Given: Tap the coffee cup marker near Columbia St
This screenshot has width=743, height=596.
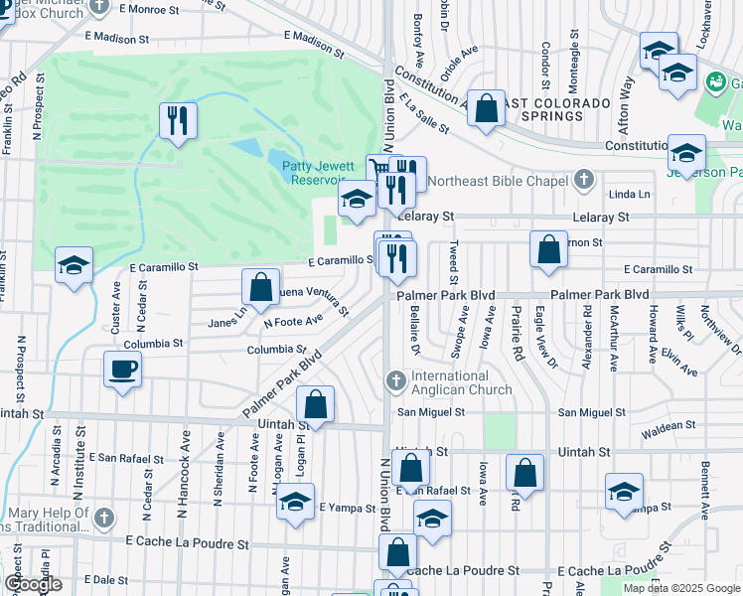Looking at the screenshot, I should coord(122,369).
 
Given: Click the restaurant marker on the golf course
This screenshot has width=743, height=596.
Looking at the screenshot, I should coord(178,121).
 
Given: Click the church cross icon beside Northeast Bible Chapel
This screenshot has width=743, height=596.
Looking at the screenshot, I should coord(585,180).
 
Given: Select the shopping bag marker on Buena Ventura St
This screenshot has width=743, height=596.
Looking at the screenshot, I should coord(259,287).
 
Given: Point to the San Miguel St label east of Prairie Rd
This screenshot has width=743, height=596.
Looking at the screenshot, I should coord(592,412).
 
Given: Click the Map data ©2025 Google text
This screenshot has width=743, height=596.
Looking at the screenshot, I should coord(681,588).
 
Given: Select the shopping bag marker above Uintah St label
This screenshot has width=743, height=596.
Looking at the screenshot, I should coord(315,403).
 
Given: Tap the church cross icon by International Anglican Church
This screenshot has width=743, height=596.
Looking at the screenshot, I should coord(395,379).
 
